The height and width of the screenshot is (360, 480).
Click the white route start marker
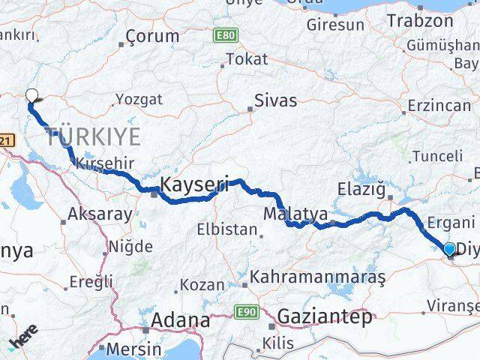[x=31, y=95]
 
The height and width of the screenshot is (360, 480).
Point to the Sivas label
[x=275, y=100]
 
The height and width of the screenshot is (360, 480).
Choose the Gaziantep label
[x=324, y=317]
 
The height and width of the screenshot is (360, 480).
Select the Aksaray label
[x=100, y=214]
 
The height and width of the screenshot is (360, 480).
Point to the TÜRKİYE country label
[x=94, y=136]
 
